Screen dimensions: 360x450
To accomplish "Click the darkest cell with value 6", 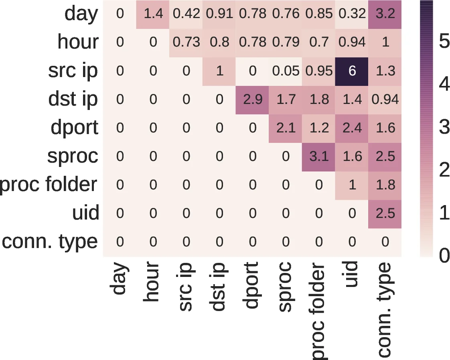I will tap(352, 71).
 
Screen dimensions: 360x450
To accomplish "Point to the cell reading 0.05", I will tap(286, 71).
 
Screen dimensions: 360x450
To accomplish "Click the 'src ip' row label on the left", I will tap(73, 71).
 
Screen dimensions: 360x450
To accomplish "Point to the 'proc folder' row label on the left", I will tap(49, 185).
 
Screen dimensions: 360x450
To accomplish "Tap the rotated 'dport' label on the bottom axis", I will tap(251, 286).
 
